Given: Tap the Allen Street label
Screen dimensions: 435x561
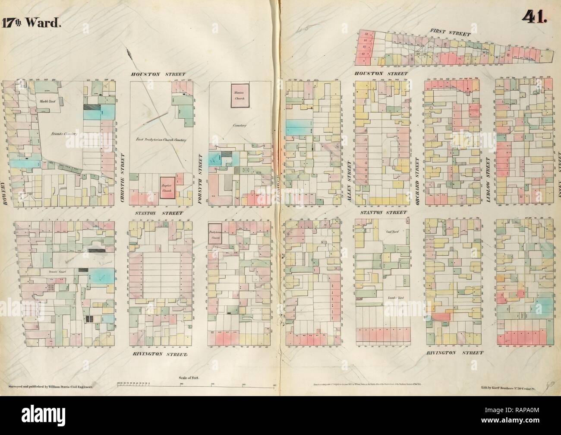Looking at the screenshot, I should coord(349,178).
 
